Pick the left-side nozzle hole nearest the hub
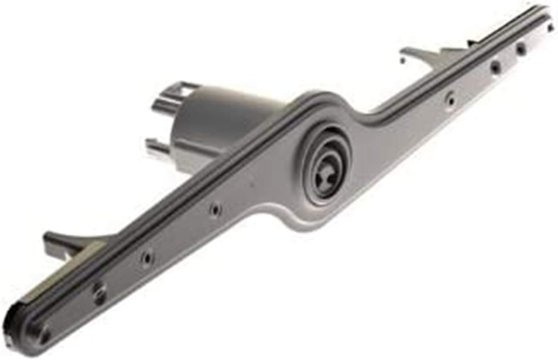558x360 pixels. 215,208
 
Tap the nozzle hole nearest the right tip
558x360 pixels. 522,48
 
